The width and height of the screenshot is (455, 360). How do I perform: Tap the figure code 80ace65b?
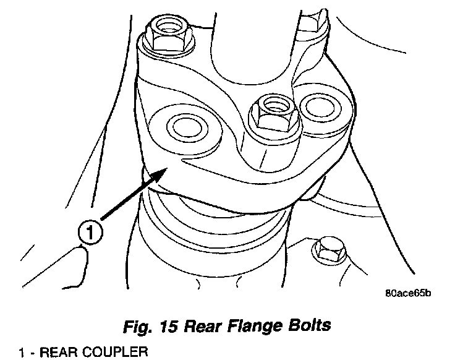(402, 293)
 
